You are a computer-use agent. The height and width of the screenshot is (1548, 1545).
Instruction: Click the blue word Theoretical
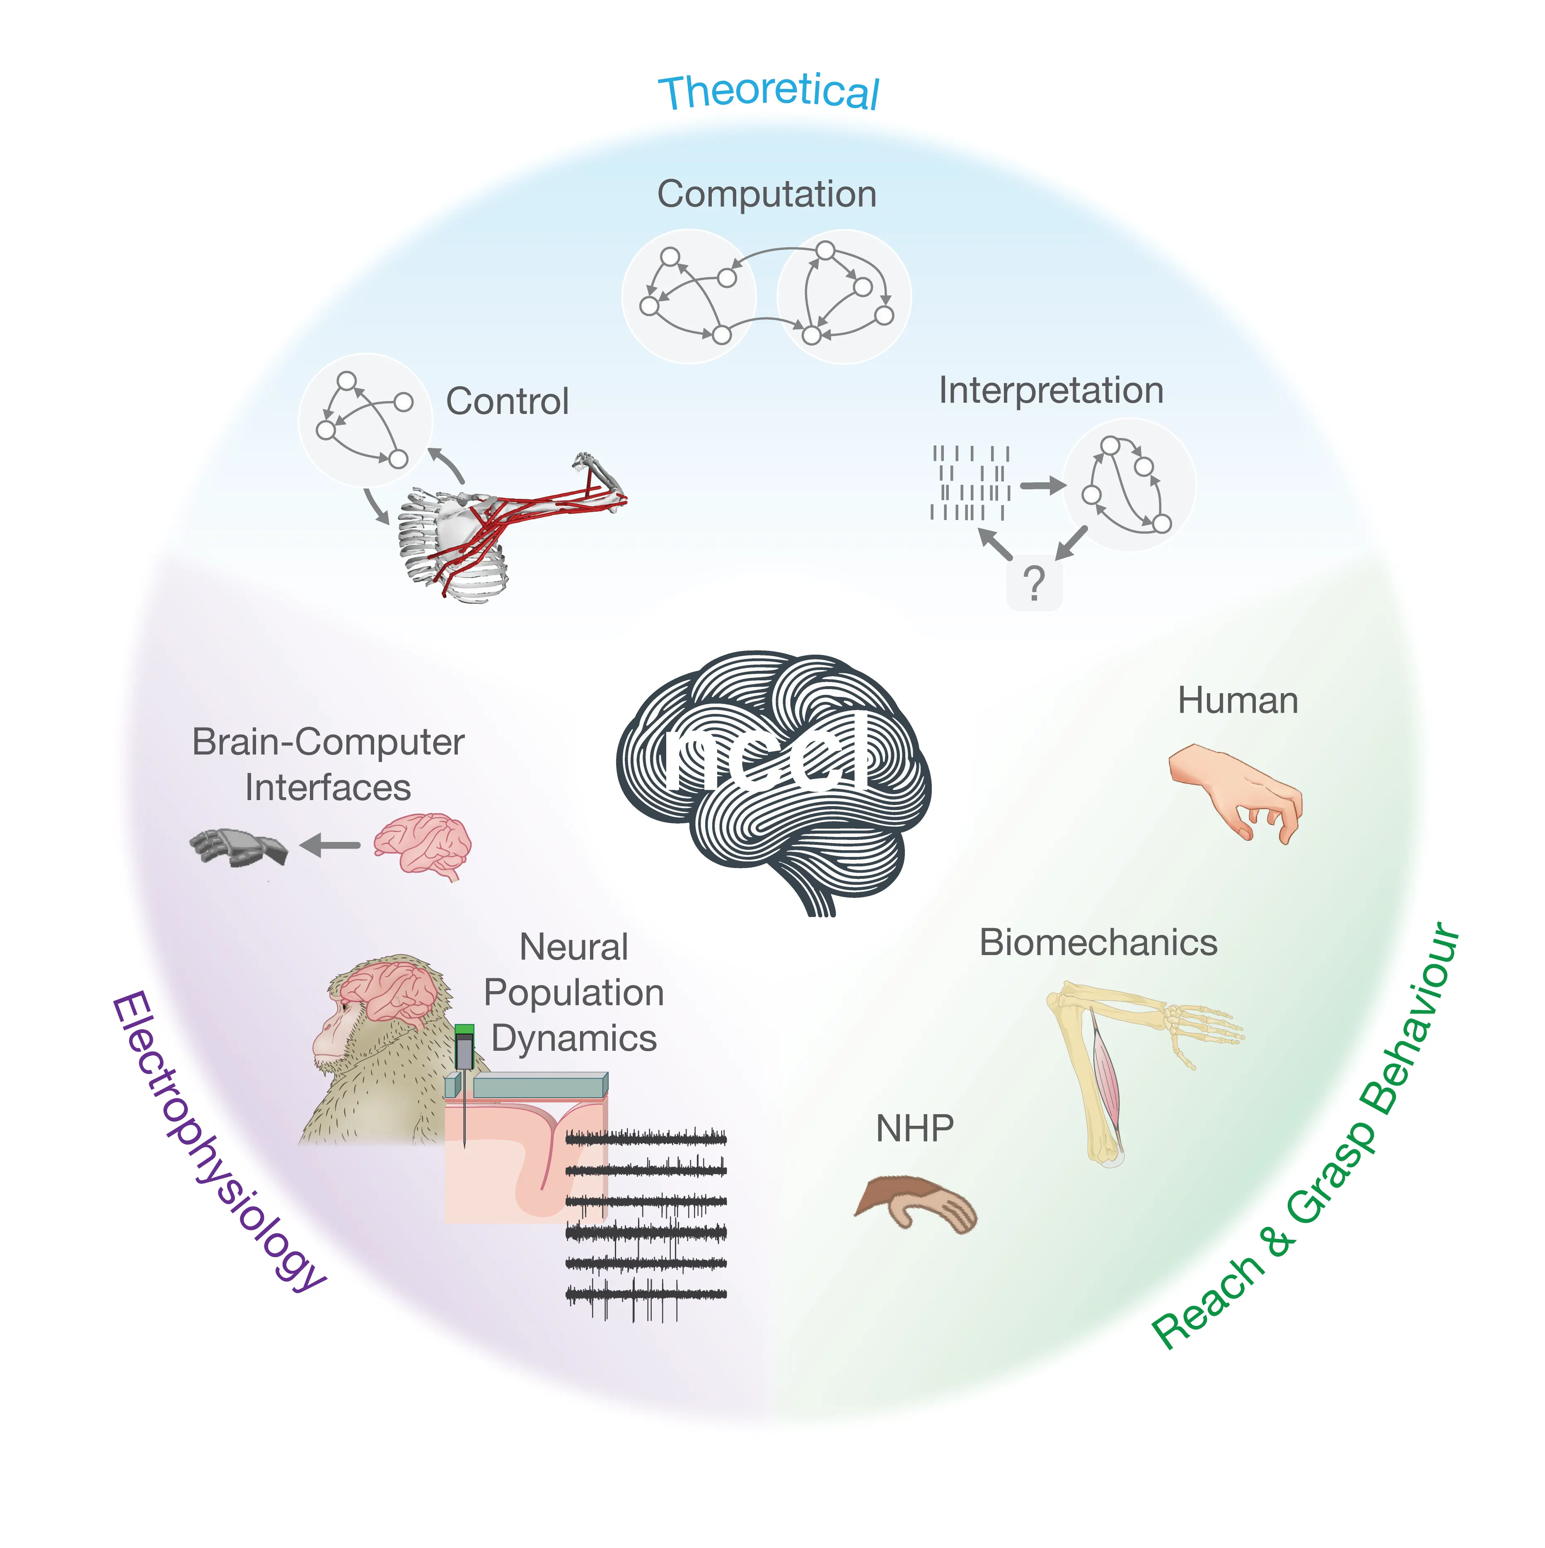768,92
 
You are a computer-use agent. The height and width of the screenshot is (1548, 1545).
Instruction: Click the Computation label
766,194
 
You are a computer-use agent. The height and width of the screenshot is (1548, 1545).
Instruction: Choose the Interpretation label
1051,390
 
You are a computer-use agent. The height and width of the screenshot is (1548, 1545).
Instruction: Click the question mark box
1034,583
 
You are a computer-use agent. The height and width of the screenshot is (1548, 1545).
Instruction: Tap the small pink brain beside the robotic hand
422,845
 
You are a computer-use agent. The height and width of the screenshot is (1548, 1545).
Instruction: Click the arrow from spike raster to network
1042,485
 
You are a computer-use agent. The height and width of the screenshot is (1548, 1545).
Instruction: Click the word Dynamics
574,1038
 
